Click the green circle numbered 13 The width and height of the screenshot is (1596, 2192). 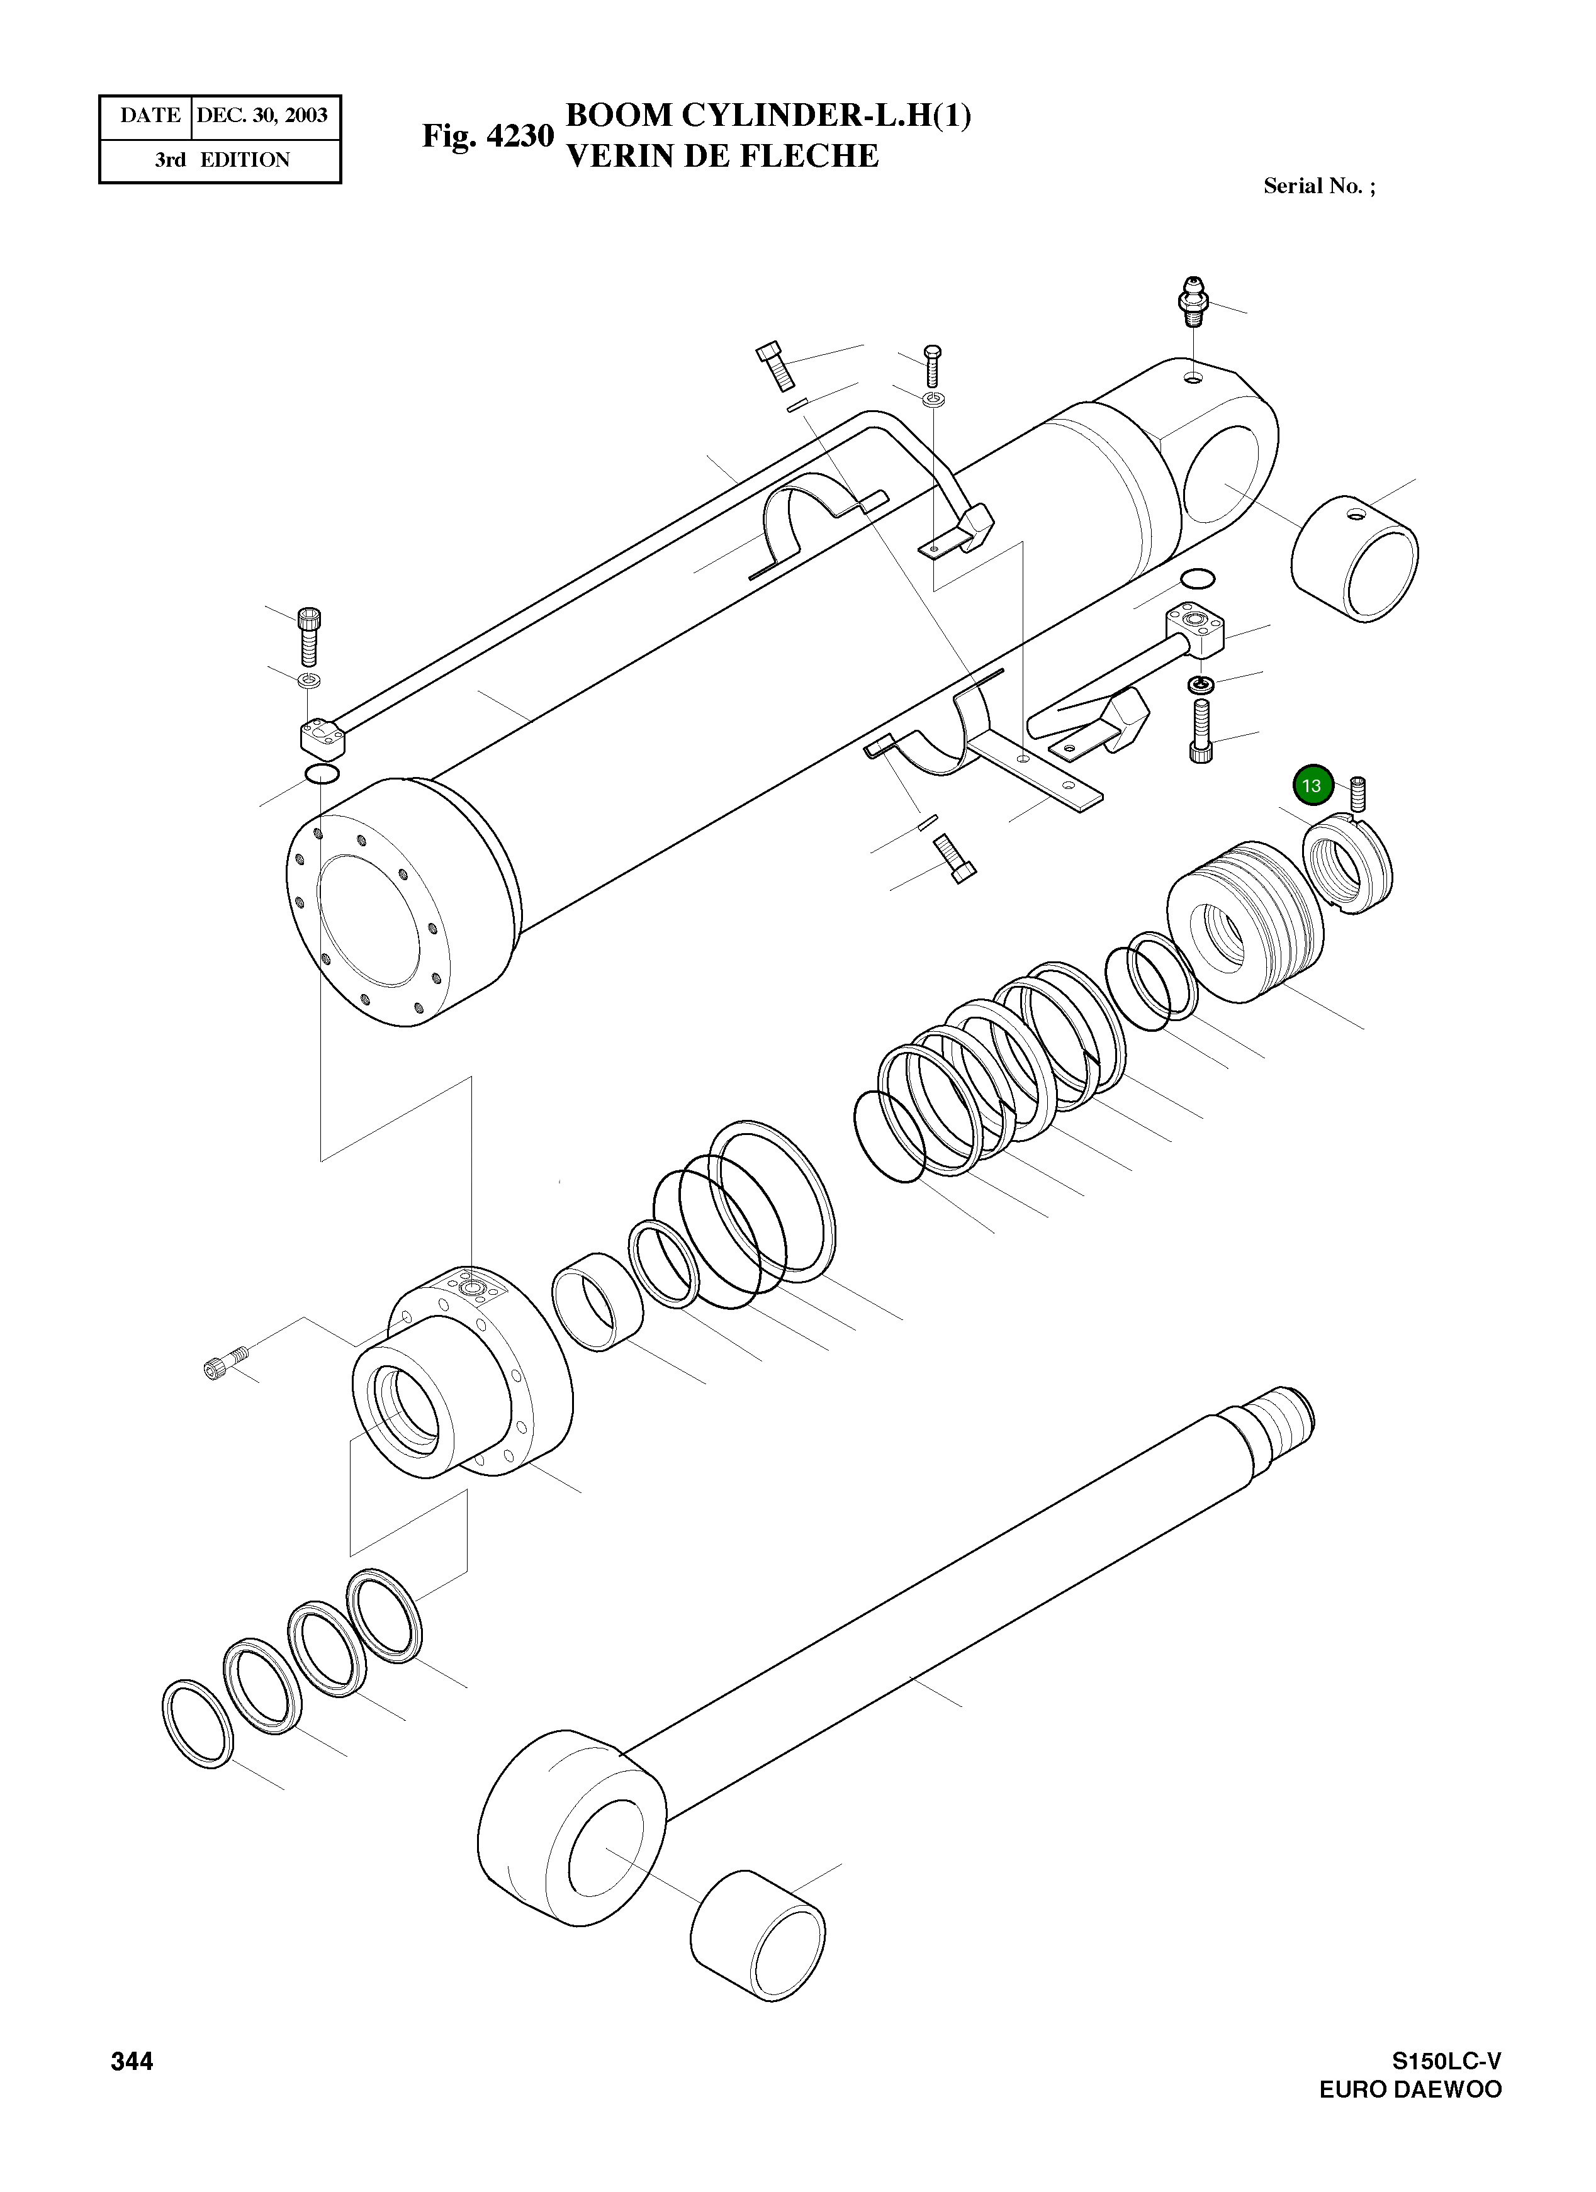(1312, 786)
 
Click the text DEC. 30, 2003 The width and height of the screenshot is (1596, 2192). (262, 116)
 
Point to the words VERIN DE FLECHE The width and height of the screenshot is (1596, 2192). (721, 155)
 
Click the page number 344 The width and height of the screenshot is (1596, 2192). (132, 2062)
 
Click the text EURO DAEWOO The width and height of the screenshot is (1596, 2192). (1410, 2089)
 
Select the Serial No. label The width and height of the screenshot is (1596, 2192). (1318, 186)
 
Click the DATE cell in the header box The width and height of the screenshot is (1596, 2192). (149, 116)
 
